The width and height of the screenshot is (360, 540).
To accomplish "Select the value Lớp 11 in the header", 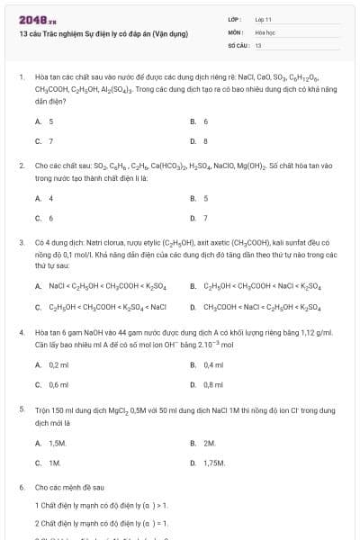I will (x=263, y=18).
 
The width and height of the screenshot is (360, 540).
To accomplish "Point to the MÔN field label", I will (x=235, y=31).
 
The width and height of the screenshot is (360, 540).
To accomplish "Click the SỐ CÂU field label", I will (x=238, y=44).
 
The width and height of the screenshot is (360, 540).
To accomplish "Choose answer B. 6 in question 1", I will (x=199, y=121).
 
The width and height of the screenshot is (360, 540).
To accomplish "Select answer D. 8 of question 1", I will (x=199, y=141).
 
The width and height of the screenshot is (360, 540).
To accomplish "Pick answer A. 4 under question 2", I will (x=44, y=198).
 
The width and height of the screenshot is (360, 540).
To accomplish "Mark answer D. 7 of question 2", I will (x=199, y=218).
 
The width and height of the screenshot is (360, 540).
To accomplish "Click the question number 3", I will (x=21, y=243).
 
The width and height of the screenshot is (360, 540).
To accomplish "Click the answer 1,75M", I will (x=213, y=463).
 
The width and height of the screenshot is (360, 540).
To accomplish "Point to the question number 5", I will (x=21, y=409).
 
